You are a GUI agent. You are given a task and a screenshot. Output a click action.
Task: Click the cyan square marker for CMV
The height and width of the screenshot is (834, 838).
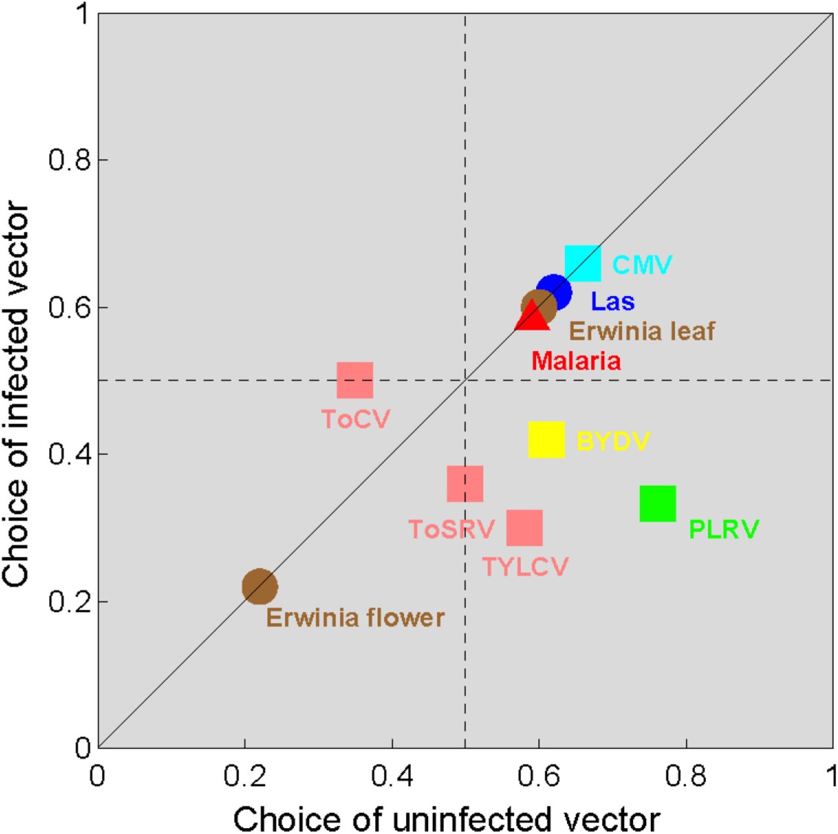pyautogui.click(x=583, y=263)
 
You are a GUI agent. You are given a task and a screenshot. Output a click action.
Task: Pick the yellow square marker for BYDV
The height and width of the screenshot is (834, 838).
pyautogui.click(x=546, y=440)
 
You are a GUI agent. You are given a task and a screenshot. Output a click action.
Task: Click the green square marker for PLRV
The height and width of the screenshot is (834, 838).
pyautogui.click(x=657, y=504)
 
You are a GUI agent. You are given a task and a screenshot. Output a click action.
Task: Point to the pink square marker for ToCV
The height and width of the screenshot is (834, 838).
pyautogui.click(x=355, y=380)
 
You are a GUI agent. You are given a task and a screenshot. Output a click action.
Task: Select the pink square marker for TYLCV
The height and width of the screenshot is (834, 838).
pyautogui.click(x=524, y=528)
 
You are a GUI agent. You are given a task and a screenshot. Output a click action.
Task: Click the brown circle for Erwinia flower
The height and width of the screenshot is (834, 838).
pyautogui.click(x=260, y=586)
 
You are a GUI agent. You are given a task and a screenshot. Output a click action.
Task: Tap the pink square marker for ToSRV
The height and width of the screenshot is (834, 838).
pyautogui.click(x=465, y=484)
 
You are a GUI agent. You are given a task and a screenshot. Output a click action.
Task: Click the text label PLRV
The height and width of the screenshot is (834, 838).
pyautogui.click(x=723, y=529)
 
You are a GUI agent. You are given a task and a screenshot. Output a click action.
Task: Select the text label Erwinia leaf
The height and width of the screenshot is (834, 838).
pyautogui.click(x=642, y=332)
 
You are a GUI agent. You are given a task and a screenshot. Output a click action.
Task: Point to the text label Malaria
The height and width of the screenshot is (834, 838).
pyautogui.click(x=575, y=361)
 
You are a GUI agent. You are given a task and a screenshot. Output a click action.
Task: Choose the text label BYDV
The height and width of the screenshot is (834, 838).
pyautogui.click(x=613, y=442)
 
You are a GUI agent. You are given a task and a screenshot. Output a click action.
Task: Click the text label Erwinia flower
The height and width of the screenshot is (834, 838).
pyautogui.click(x=355, y=618)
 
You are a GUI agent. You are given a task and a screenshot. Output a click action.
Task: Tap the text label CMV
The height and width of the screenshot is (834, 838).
pyautogui.click(x=642, y=265)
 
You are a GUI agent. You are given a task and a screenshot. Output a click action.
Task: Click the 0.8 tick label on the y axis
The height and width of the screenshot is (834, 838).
pyautogui.click(x=69, y=161)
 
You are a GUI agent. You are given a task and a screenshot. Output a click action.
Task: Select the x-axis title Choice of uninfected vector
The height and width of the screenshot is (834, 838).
pyautogui.click(x=446, y=819)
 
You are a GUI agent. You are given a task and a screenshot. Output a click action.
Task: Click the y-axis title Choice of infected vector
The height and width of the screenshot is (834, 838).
pyautogui.click(x=16, y=395)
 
